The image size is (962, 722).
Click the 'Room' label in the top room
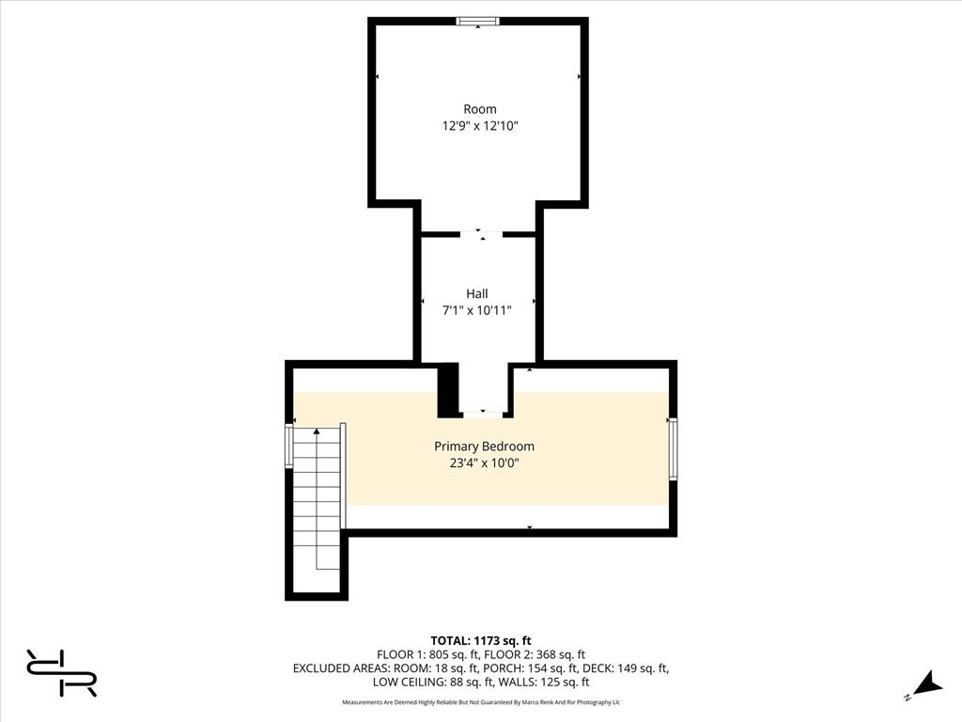pyautogui.click(x=479, y=109)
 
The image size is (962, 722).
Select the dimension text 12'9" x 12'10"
pyautogui.click(x=479, y=125)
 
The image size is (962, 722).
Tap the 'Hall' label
pyautogui.click(x=477, y=293)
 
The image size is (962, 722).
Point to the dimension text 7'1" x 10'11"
pyautogui.click(x=477, y=310)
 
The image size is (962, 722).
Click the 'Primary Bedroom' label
pyautogui.click(x=484, y=446)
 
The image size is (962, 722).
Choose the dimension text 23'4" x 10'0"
pyautogui.click(x=484, y=463)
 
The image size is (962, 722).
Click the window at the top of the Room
pyautogui.click(x=477, y=22)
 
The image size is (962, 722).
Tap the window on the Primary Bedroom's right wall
pyautogui.click(x=673, y=449)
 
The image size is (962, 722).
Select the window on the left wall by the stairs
pyautogui.click(x=288, y=446)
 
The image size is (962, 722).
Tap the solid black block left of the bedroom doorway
pyautogui.click(x=449, y=390)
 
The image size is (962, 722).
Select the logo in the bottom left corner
pyautogui.click(x=61, y=672)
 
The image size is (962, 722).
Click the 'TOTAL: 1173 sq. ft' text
pyautogui.click(x=481, y=640)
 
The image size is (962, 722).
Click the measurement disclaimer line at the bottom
pyautogui.click(x=481, y=702)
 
